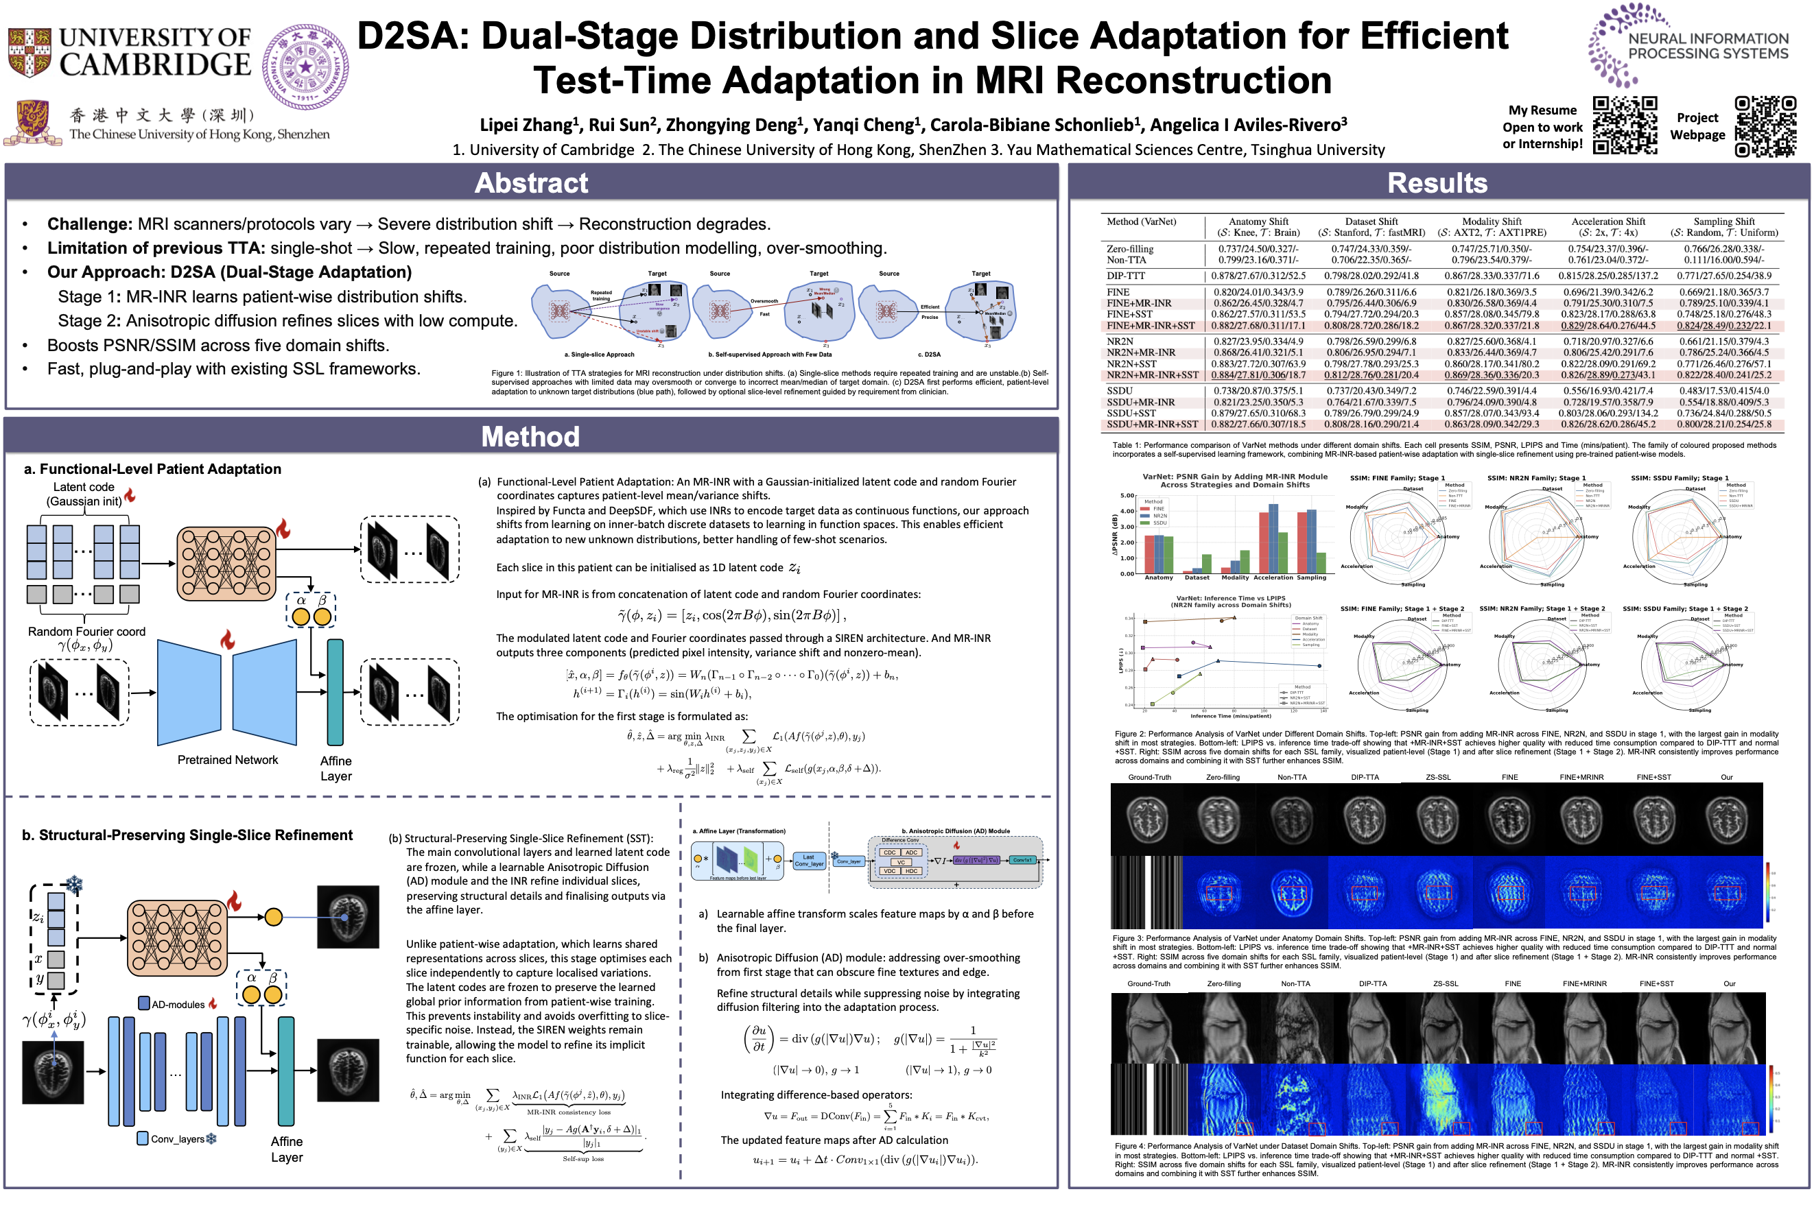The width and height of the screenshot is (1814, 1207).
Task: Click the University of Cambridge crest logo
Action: (x=30, y=52)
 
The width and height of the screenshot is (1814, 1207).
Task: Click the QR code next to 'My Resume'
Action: (x=1625, y=126)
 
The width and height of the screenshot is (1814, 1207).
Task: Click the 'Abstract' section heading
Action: (x=530, y=183)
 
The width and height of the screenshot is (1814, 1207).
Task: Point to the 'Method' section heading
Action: (x=530, y=436)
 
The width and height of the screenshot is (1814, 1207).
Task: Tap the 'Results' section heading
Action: (x=1437, y=183)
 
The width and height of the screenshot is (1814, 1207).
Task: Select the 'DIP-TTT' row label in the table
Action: (x=1126, y=276)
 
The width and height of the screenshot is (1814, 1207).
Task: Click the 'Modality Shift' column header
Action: (x=1492, y=222)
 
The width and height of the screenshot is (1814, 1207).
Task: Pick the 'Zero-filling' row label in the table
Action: (x=1129, y=249)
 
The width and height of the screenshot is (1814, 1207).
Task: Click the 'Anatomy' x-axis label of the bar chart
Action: (x=1158, y=577)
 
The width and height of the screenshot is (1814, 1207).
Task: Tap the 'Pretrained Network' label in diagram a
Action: (x=227, y=760)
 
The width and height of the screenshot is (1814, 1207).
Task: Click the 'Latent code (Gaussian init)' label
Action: (x=84, y=494)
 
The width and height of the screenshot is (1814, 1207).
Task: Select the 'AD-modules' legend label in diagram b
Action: (x=178, y=1005)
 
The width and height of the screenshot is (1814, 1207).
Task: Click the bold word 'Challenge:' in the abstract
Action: (x=89, y=224)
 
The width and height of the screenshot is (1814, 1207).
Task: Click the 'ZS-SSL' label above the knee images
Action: (x=1445, y=983)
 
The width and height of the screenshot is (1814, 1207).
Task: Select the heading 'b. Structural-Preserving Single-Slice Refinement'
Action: (x=187, y=835)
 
